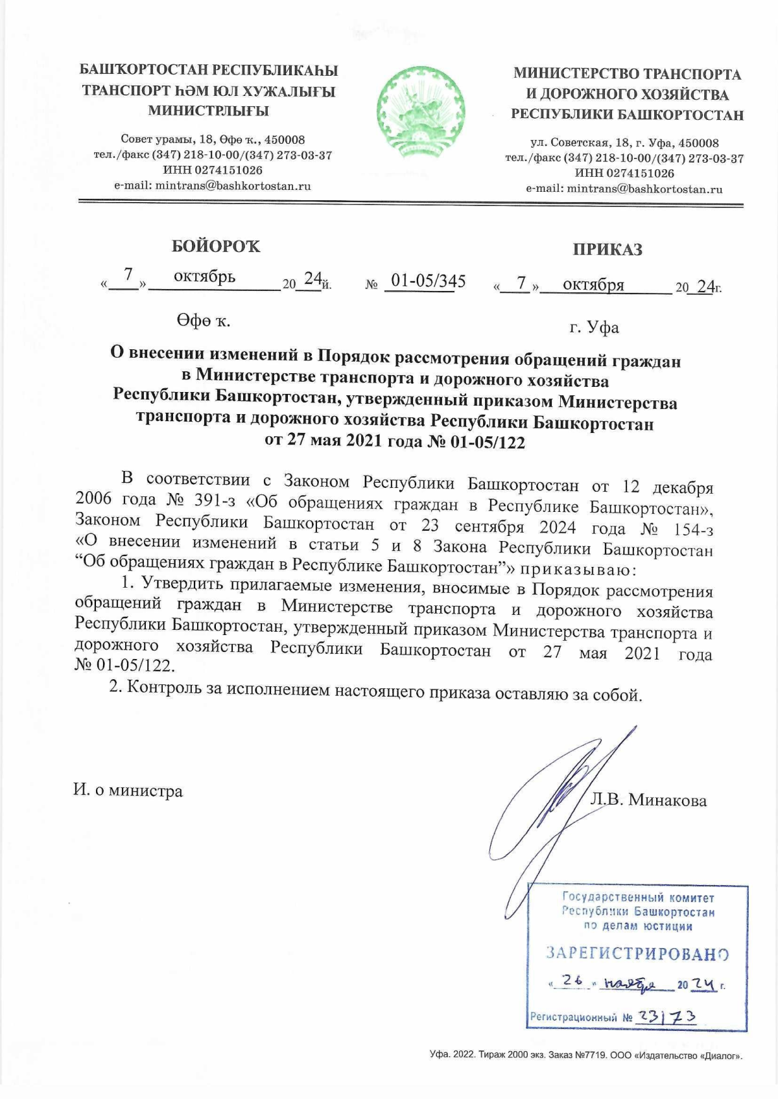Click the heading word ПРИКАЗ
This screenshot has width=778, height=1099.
(x=607, y=249)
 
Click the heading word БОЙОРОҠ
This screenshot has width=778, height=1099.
(x=216, y=246)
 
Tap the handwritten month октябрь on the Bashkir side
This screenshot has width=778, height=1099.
(x=204, y=277)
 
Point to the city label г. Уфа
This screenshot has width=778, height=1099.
(x=594, y=327)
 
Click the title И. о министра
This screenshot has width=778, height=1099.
(x=128, y=791)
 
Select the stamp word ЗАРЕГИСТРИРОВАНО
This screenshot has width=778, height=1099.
(x=637, y=954)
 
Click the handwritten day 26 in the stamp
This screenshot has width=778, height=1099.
(x=574, y=983)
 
